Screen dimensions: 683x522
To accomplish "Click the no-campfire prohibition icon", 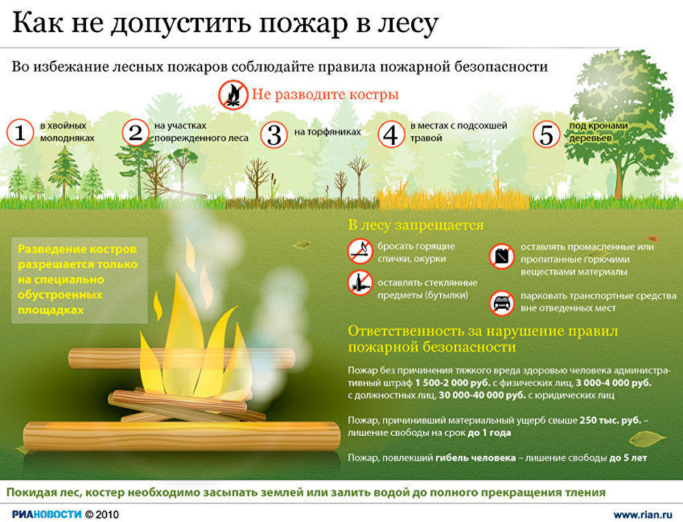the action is [233, 94].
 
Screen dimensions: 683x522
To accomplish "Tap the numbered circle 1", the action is [20, 132].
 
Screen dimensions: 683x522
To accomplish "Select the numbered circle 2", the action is [135, 132].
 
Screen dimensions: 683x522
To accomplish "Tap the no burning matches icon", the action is [360, 251].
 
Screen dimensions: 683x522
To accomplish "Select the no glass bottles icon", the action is [360, 283].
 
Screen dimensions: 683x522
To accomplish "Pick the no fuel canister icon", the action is [502, 256].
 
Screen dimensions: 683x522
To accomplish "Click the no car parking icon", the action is [502, 303].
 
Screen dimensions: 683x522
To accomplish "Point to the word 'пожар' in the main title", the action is [303, 24].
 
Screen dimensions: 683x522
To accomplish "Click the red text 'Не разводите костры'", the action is [325, 94].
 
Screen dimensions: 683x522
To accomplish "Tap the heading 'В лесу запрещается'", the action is [415, 225].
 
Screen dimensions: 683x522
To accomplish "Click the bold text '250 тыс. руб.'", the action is [610, 420].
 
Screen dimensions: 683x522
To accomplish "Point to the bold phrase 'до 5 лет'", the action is [628, 458].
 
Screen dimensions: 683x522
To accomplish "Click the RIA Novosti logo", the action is [46, 514].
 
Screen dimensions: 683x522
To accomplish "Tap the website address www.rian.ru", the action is [643, 514].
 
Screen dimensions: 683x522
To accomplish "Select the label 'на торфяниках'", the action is [328, 132].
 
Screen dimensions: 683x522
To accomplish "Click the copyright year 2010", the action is [107, 514].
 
